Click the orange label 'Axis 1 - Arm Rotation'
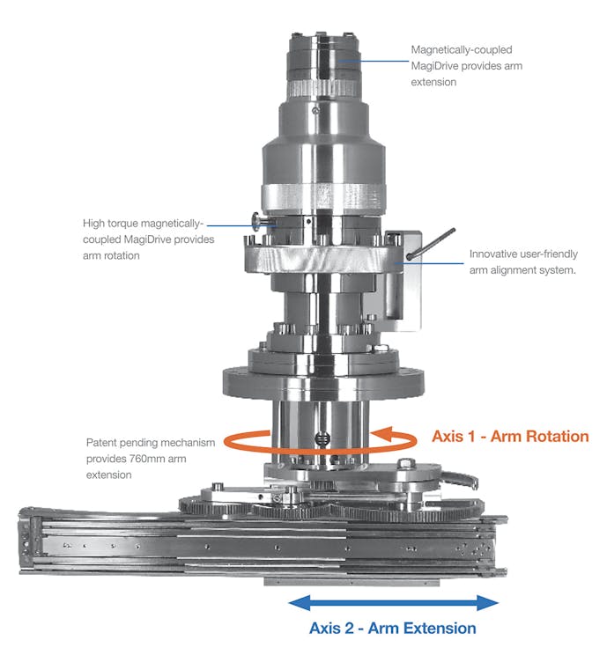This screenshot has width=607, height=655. [510, 436]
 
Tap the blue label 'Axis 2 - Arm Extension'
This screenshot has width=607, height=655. [392, 628]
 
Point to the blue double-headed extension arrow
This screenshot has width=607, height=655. [394, 602]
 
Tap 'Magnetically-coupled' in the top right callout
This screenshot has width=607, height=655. [462, 50]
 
